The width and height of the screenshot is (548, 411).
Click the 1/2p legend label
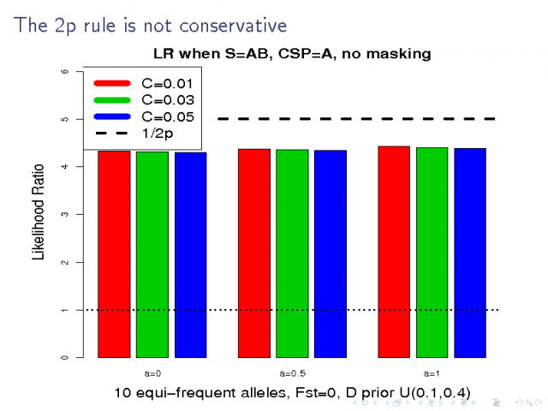click(x=159, y=132)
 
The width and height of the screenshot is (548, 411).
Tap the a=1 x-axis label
click(x=432, y=374)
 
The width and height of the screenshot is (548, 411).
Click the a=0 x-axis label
click(x=152, y=374)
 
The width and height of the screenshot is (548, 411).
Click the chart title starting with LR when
click(x=291, y=53)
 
